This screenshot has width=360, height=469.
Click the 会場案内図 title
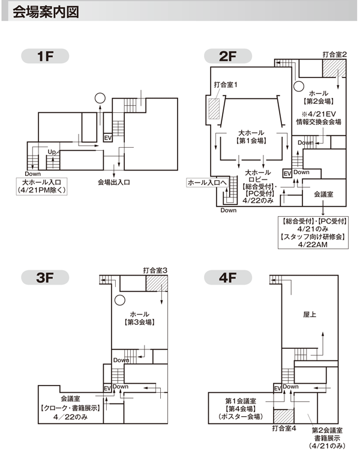pos(46,12)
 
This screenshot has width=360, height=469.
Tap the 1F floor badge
pos(45,56)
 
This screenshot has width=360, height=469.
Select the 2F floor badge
pos(228,56)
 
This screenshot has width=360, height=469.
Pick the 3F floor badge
pos(45,277)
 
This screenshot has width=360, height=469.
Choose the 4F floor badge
pos(228,277)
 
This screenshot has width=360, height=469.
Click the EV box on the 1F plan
pos(108,138)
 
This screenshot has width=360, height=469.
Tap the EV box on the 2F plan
pos(287,174)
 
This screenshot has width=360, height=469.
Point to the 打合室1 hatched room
pos(214,109)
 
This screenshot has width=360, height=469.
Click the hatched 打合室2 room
pos(334,68)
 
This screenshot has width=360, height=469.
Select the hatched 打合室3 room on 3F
pos(157,283)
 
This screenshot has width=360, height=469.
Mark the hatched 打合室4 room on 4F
pos(284,416)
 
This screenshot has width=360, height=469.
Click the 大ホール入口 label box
pos(41,186)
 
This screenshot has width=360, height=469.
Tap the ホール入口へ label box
pos(208,183)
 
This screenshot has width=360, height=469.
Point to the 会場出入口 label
pos(114,182)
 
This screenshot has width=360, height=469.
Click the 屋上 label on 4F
pos(310,314)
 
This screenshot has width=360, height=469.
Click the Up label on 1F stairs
pos(52,152)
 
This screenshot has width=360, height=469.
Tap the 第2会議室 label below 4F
pos(327,430)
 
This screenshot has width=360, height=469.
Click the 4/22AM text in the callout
pos(313,244)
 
